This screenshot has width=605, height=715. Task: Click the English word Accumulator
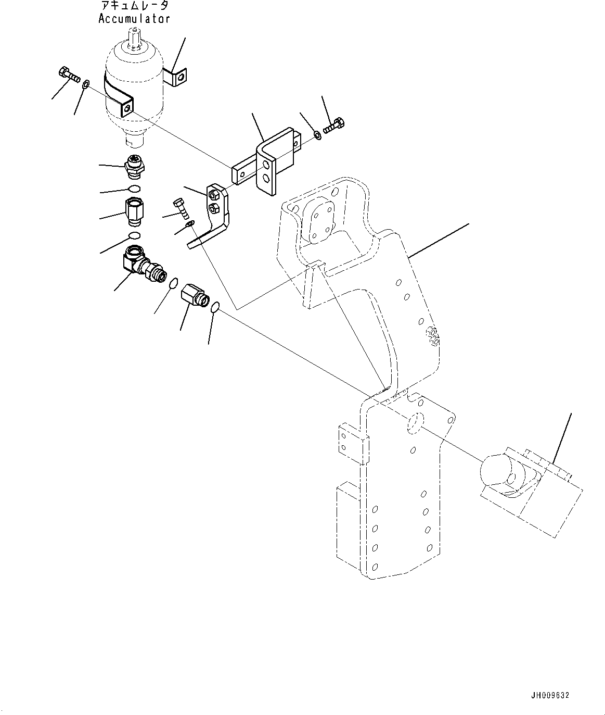134,19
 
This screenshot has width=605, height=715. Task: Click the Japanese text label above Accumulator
134,6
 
